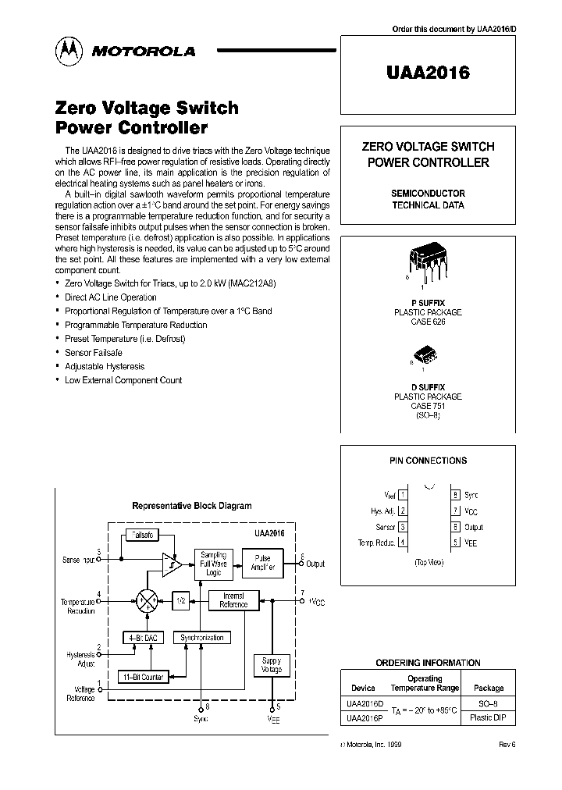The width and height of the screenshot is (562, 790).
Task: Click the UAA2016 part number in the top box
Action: (428, 73)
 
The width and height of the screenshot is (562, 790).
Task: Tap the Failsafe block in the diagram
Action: (143, 536)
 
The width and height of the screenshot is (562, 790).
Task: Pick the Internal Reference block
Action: (233, 600)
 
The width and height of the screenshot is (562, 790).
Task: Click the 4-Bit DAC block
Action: (143, 637)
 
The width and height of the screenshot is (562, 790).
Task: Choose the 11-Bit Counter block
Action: (142, 677)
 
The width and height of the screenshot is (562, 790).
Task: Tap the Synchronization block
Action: (201, 637)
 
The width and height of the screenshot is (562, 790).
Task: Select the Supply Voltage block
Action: (271, 666)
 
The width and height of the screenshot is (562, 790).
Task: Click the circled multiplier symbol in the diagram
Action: (146, 600)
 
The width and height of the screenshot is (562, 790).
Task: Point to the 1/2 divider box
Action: (180, 600)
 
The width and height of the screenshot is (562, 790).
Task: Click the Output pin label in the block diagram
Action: (315, 564)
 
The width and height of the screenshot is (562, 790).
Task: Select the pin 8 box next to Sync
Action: (455, 495)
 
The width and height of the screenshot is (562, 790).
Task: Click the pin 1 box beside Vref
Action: (402, 495)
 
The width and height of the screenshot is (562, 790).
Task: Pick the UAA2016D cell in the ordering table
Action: (364, 704)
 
